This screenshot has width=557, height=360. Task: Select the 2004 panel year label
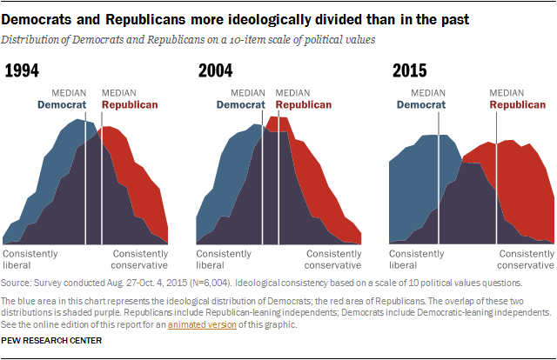click(218, 71)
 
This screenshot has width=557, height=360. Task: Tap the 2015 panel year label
click(411, 71)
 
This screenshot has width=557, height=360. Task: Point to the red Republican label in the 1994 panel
click(130, 104)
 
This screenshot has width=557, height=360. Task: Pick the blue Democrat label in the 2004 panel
click(239, 104)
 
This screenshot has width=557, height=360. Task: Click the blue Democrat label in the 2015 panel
click(422, 104)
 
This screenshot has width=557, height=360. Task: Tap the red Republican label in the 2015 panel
click(518, 104)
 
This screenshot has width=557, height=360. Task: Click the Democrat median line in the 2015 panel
click(440, 174)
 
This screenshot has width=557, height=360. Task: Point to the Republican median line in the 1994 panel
click(102, 174)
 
